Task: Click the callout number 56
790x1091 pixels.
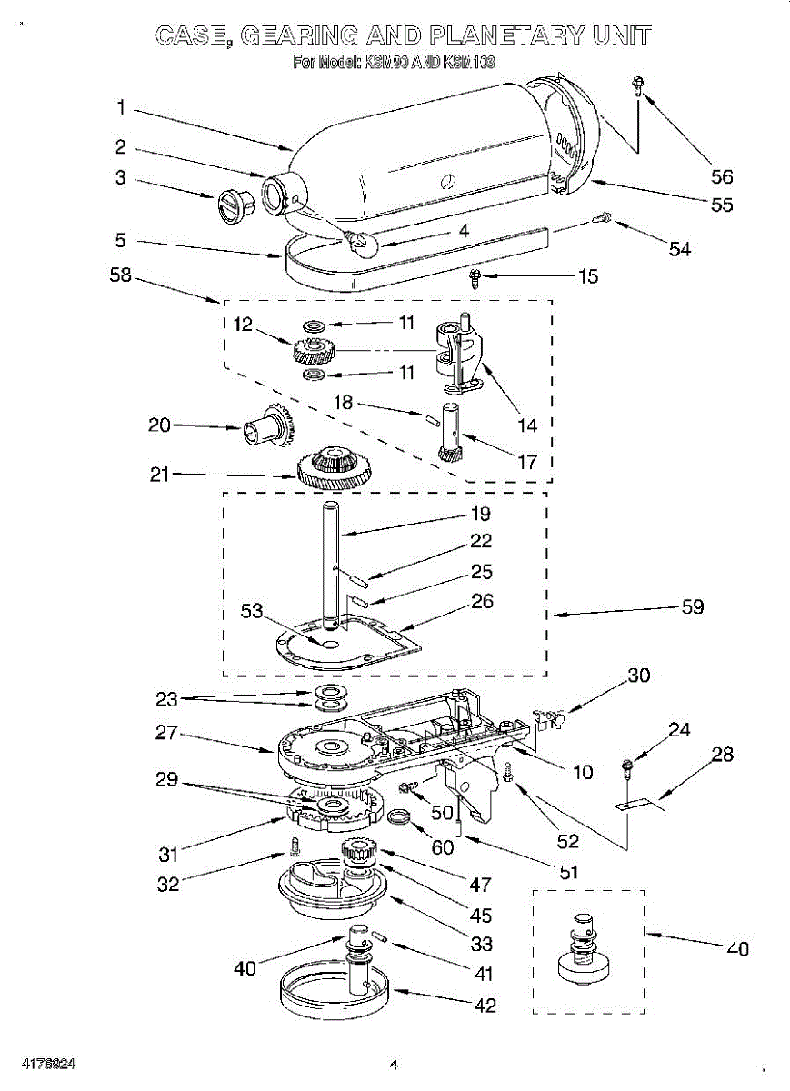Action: coord(723,177)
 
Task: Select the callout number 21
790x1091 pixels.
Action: coord(160,474)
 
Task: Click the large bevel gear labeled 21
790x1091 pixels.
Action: coord(335,467)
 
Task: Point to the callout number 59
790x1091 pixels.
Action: coord(693,606)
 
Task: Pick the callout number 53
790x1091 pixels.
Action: coord(252,611)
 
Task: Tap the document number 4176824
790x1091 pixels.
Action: coord(44,1063)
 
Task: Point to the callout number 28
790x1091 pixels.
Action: coord(723,754)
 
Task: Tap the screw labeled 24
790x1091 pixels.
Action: coord(627,767)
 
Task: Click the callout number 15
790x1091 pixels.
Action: coord(588,275)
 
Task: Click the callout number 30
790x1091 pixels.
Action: coord(640,676)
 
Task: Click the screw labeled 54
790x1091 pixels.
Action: coord(602,217)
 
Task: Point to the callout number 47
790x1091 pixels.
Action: coord(481,884)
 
